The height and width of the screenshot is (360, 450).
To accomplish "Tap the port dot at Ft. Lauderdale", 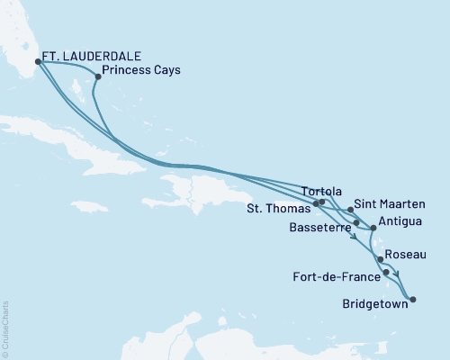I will pyautogui.click(x=38, y=62).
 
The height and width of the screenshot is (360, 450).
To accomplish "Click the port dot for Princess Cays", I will pyautogui.click(x=97, y=76).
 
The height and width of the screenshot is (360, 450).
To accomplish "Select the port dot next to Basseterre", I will pyautogui.click(x=357, y=222).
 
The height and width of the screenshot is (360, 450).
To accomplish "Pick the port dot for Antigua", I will pyautogui.click(x=373, y=228).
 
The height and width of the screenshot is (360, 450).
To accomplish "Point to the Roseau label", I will pyautogui.click(x=402, y=256).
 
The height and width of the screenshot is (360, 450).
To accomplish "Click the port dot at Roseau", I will pyautogui.click(x=380, y=259).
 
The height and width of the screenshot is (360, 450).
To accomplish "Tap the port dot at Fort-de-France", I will pyautogui.click(x=386, y=272).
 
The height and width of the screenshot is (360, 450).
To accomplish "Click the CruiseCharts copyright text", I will pyautogui.click(x=5, y=329).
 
